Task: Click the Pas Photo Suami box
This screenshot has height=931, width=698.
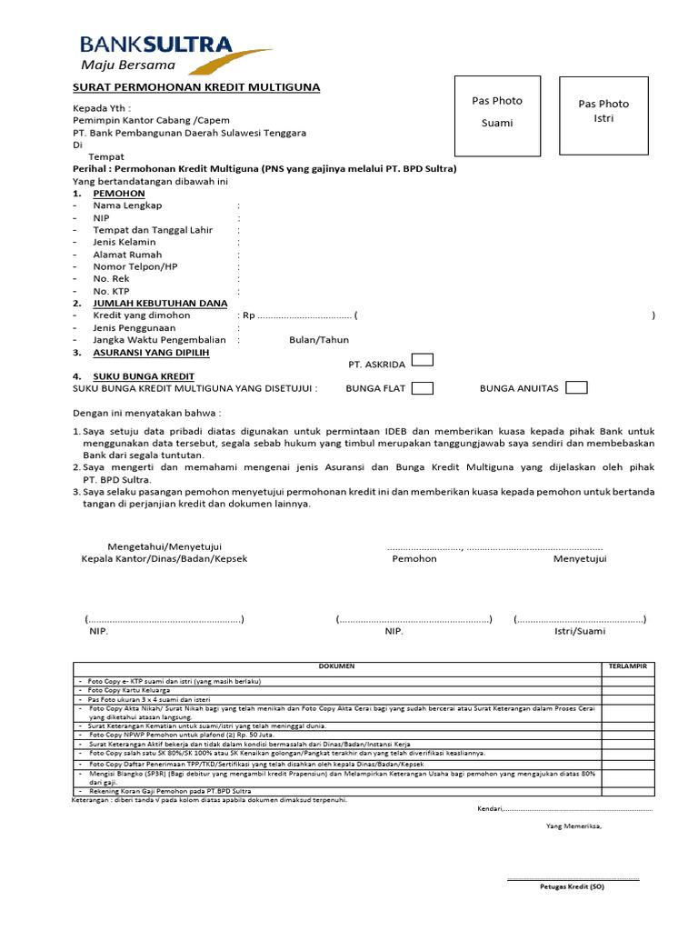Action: click(x=497, y=112)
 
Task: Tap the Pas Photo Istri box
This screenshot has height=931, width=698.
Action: click(x=603, y=112)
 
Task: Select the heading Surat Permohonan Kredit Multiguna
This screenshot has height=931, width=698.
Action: click(x=196, y=87)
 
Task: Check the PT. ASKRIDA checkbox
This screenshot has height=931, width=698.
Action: click(x=422, y=360)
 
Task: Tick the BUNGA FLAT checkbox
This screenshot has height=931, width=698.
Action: click(x=422, y=388)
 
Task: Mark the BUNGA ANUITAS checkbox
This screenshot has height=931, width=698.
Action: click(x=576, y=388)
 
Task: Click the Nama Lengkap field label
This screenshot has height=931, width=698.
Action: click(x=127, y=205)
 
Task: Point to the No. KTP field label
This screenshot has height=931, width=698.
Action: click(x=113, y=291)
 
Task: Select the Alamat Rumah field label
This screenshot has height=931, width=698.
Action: click(x=127, y=255)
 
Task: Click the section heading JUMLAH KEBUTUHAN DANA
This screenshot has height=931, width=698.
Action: click(x=160, y=303)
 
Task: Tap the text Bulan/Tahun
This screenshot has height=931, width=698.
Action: click(x=319, y=340)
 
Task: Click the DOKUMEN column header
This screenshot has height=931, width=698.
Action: click(x=336, y=666)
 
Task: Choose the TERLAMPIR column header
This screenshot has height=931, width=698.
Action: click(x=627, y=666)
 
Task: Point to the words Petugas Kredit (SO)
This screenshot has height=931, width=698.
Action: click(x=572, y=886)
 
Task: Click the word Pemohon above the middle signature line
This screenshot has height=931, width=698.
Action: click(x=414, y=558)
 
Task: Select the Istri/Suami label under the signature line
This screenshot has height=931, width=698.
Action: click(x=580, y=630)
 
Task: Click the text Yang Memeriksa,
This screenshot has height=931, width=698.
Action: click(x=573, y=826)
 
